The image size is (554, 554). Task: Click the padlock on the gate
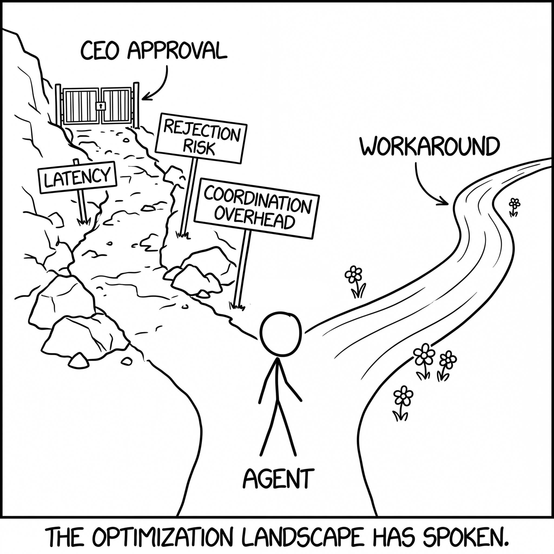pyautogui.click(x=101, y=106)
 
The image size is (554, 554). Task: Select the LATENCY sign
pyautogui.click(x=77, y=177)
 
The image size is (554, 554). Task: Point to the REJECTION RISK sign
pyautogui.click(x=201, y=138)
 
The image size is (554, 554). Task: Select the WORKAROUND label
pyautogui.click(x=429, y=146)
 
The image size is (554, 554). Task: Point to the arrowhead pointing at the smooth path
pyautogui.click(x=444, y=202)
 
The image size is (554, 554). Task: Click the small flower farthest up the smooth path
pyautogui.click(x=515, y=204)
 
